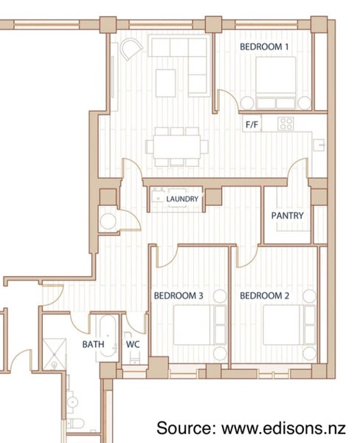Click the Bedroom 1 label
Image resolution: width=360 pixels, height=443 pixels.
click(x=264, y=47)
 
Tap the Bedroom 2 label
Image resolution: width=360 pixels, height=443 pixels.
click(x=264, y=296)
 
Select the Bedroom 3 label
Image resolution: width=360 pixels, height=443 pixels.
click(x=179, y=296)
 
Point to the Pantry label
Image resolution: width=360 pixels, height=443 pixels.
click(x=288, y=216)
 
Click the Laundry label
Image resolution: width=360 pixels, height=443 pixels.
click(x=182, y=199)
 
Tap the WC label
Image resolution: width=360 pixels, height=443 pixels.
click(x=133, y=344)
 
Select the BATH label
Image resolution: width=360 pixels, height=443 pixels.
click(x=93, y=344)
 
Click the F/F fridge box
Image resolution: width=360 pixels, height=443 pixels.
click(x=252, y=124)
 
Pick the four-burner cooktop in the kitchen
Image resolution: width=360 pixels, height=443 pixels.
click(x=285, y=124)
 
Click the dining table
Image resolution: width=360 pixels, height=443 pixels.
click(x=177, y=147)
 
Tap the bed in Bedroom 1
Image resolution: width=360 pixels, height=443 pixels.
click(x=276, y=83)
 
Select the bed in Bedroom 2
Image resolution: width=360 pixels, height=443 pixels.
click(x=289, y=325)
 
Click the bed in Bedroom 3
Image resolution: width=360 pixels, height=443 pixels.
click(x=200, y=325)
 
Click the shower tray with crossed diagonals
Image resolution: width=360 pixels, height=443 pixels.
click(x=55, y=354)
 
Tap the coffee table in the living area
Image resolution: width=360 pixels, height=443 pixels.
click(x=166, y=83)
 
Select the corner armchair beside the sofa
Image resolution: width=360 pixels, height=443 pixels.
click(x=131, y=49)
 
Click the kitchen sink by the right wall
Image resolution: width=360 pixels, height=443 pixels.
click(x=319, y=145)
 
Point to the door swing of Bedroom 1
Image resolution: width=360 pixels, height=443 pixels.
click(x=232, y=97)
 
